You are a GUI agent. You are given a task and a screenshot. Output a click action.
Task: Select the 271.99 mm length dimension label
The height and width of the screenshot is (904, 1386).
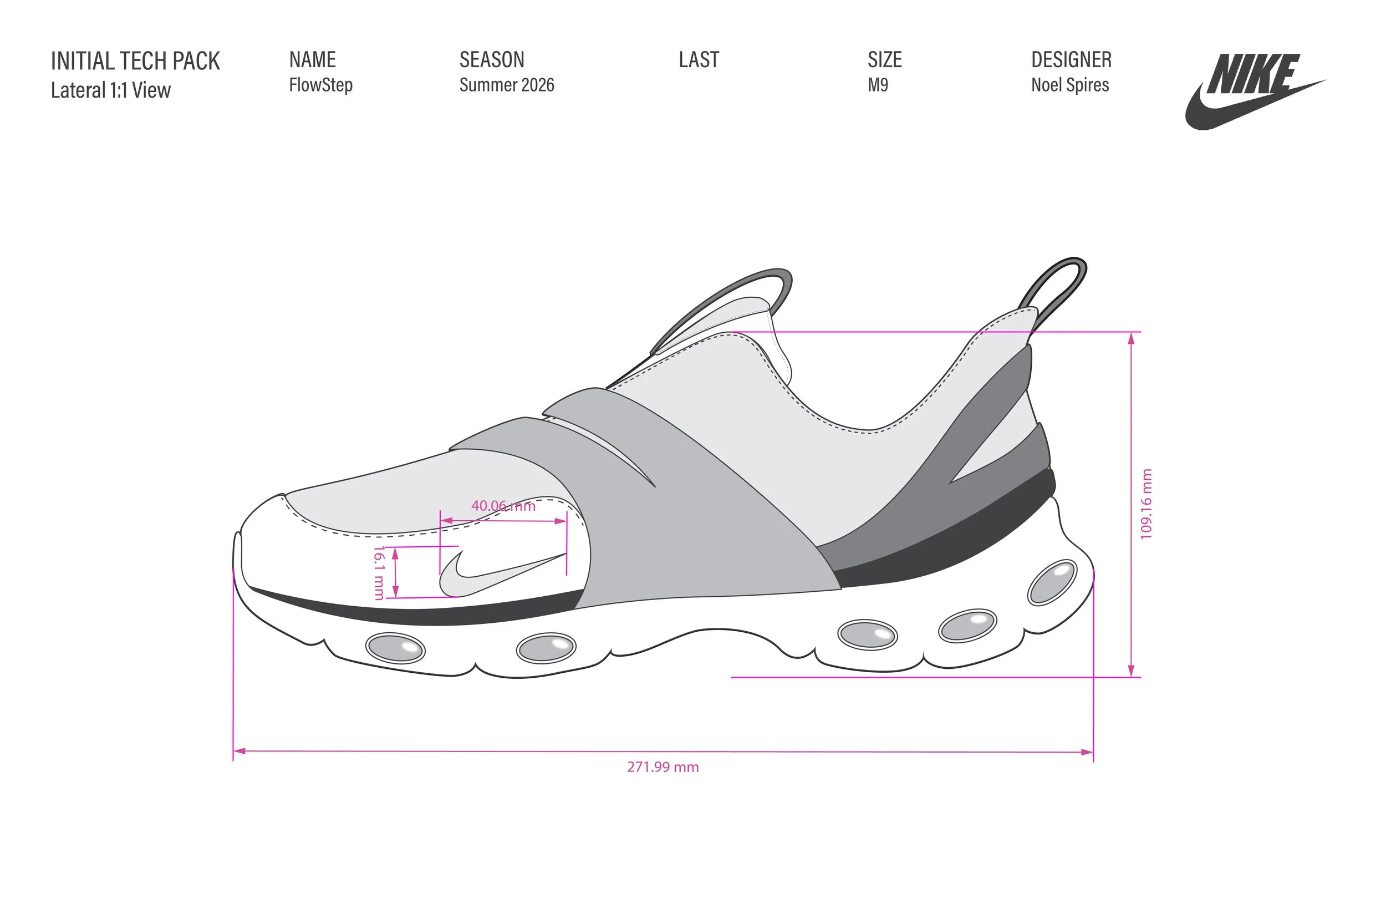pos(663,767)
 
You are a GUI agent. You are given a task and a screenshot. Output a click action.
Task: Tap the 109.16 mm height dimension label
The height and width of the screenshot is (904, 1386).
pos(1145,504)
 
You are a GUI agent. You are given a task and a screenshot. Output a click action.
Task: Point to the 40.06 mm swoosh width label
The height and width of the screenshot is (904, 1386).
pos(503,506)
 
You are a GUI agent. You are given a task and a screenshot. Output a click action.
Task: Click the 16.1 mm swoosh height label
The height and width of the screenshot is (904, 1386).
pos(379,572)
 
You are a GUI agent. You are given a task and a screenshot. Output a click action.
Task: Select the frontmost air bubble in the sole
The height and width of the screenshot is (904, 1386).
pos(395,648)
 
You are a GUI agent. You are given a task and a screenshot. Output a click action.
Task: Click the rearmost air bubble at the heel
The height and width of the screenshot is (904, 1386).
pos(1052,582)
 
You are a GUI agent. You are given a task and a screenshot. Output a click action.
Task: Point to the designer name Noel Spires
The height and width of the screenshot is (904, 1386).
pos(1070,85)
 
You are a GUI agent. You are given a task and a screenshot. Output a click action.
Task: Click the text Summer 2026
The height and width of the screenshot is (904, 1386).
pos(507,85)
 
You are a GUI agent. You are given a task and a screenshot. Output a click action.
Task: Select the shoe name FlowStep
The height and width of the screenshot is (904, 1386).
pos(321,85)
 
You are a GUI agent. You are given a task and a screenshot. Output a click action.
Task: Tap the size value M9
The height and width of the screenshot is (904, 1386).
pos(878,85)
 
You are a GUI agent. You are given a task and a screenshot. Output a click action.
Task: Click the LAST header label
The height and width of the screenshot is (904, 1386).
pos(699,59)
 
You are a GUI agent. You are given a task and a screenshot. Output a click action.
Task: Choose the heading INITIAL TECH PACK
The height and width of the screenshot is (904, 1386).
pos(135,61)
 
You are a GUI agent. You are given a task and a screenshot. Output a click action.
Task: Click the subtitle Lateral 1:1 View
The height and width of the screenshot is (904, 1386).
pos(111,90)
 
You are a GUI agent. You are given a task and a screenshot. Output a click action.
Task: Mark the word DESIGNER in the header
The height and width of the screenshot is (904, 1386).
pos(1071,59)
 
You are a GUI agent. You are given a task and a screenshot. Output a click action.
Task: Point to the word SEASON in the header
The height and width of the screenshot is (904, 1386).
pos(492,59)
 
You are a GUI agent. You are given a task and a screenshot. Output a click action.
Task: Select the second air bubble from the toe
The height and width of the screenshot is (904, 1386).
pos(546,648)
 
